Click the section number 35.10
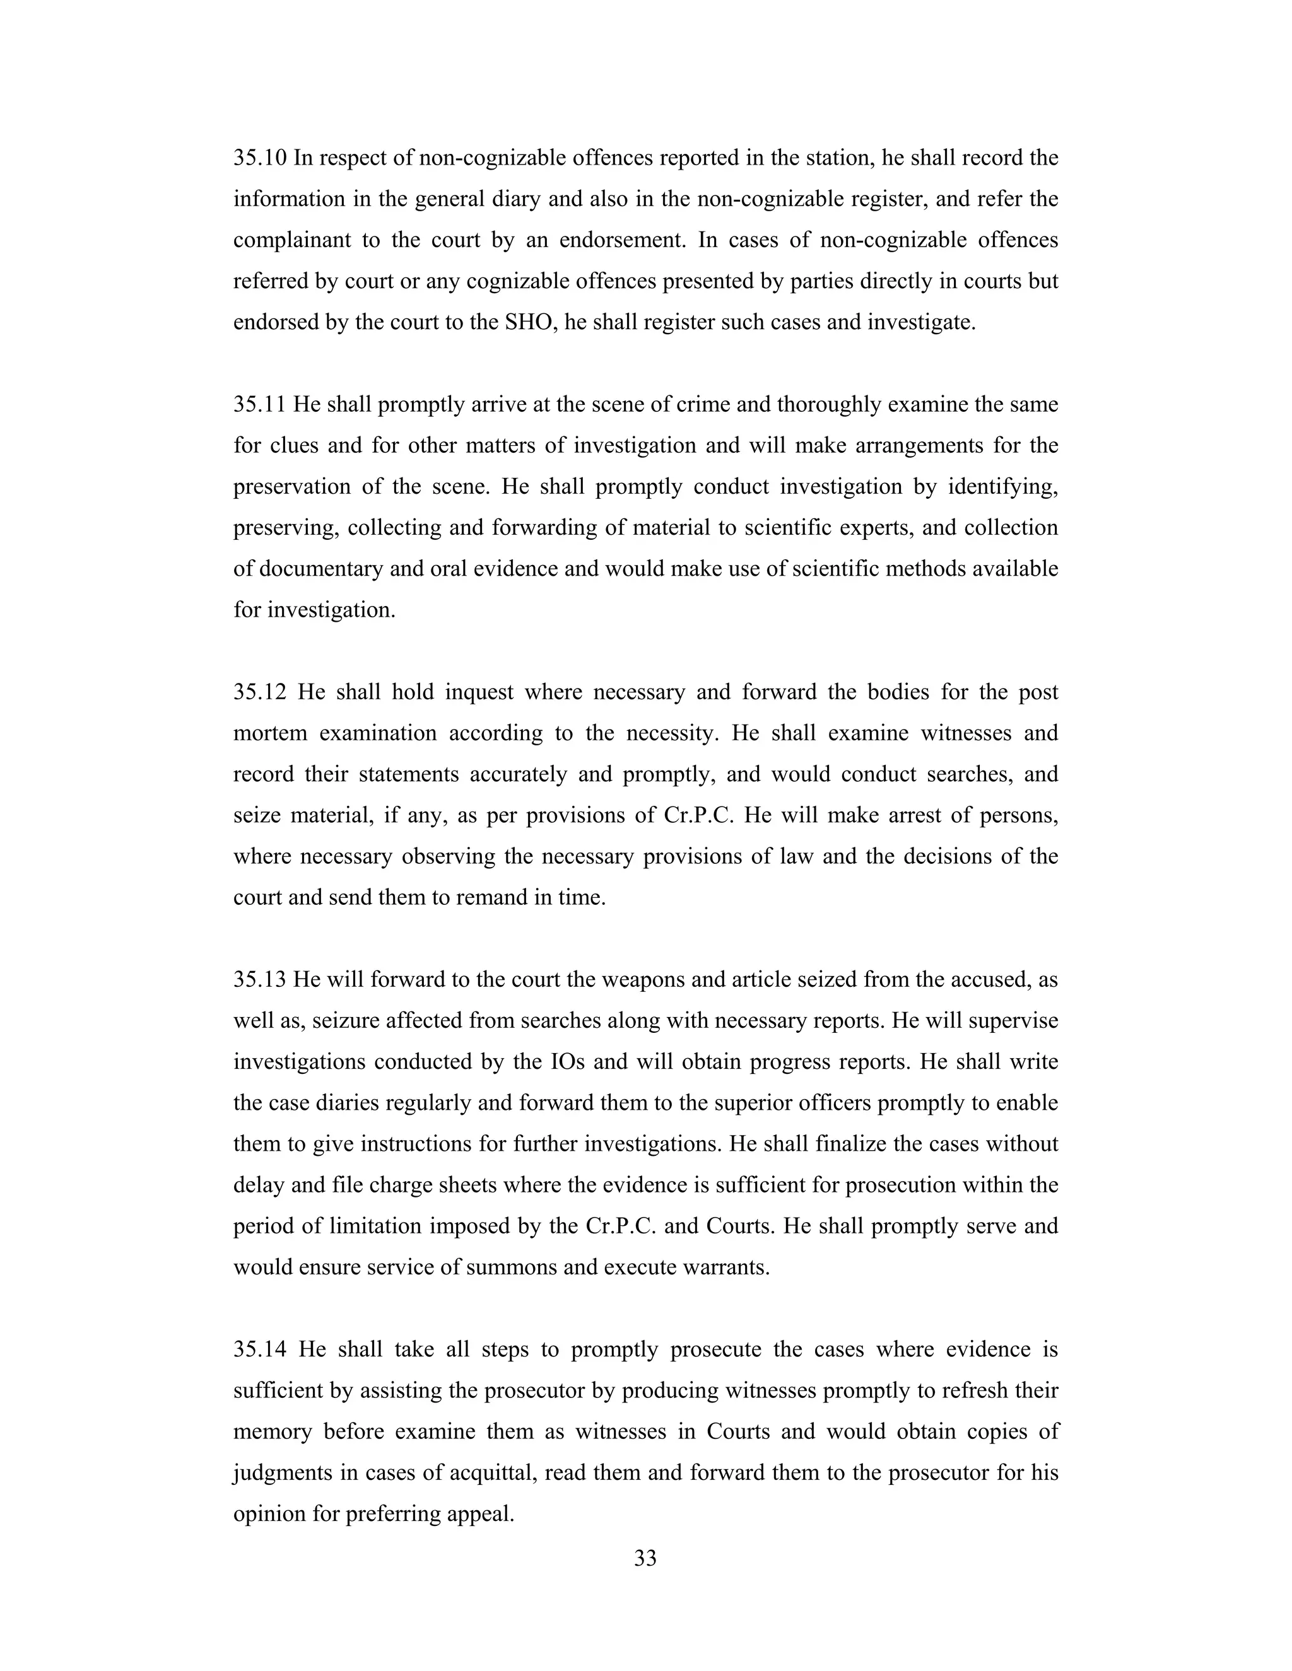[x=259, y=158]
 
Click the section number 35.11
[x=259, y=405]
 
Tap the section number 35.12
[x=259, y=692]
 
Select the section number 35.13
[x=259, y=980]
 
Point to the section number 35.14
[x=259, y=1349]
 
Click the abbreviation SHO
[x=527, y=322]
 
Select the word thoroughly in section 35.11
[x=828, y=405]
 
